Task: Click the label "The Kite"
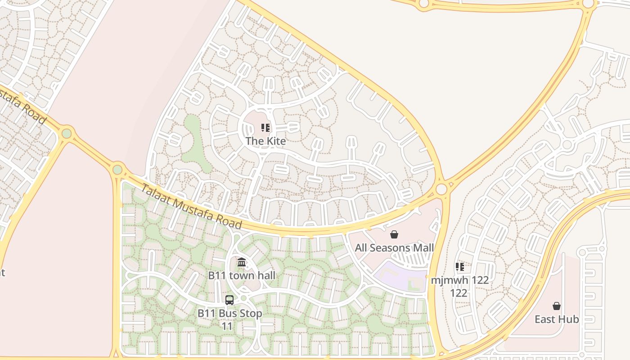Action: tap(265, 141)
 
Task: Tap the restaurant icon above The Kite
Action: tap(265, 128)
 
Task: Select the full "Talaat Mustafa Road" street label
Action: tap(191, 207)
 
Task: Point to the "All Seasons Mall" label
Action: tap(394, 248)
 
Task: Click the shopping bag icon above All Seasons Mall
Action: tap(394, 234)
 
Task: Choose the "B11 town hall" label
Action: tap(242, 275)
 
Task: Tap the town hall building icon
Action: tap(242, 262)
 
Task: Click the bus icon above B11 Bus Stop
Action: tap(229, 300)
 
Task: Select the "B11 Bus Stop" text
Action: tap(229, 313)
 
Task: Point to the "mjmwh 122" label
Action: tap(459, 280)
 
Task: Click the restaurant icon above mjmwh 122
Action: tap(459, 267)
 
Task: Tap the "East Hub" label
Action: tap(557, 319)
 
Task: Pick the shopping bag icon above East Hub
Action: tap(557, 306)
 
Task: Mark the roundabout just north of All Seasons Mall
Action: tap(441, 189)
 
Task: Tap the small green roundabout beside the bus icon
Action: tap(243, 298)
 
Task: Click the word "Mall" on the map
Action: tap(423, 248)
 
